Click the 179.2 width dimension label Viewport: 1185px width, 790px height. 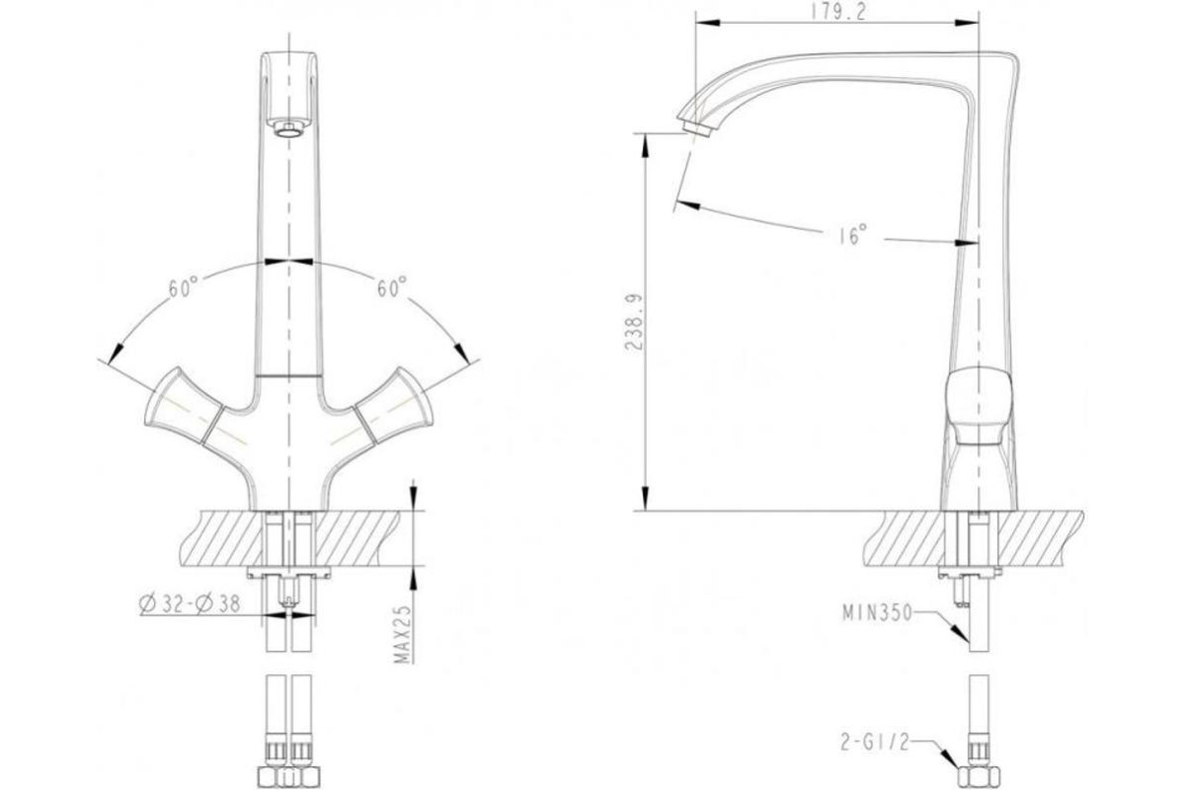coord(839,12)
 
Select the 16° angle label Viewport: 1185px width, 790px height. coord(853,235)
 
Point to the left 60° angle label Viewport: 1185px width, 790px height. coord(184,287)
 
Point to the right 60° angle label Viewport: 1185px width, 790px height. coord(392,286)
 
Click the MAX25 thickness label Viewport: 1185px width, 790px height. coord(403,634)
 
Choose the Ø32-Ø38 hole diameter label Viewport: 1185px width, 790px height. coord(190,604)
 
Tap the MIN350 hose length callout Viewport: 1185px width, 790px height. coord(878,612)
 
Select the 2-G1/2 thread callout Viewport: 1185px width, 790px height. coord(875,743)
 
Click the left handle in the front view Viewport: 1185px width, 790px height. coord(183,406)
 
